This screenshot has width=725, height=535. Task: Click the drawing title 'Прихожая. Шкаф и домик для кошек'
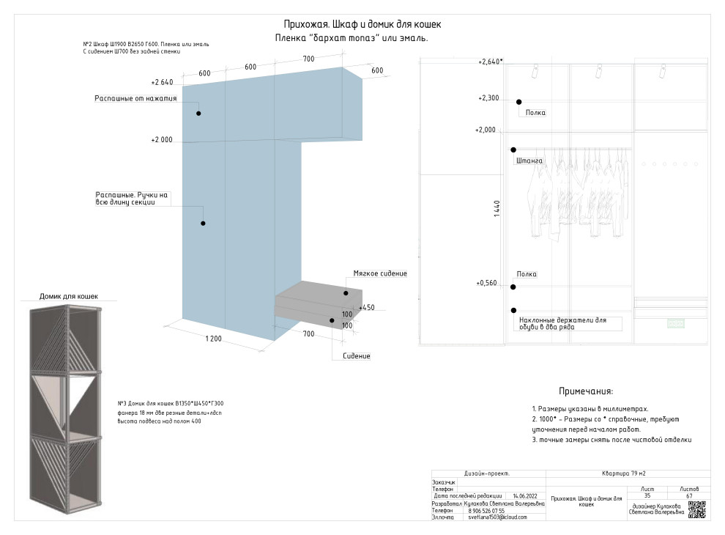click(362, 24)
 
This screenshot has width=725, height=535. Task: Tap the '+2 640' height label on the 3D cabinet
click(162, 83)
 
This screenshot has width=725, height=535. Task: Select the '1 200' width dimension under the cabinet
click(213, 339)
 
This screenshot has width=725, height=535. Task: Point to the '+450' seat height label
click(366, 308)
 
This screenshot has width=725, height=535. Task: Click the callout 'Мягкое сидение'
click(379, 273)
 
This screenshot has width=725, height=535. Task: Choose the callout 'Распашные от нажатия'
click(135, 98)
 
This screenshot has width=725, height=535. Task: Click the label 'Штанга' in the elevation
click(529, 160)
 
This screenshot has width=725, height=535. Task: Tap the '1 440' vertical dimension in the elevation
click(497, 209)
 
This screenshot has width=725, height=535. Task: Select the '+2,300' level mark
click(488, 98)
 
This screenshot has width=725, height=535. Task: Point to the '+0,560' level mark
click(487, 283)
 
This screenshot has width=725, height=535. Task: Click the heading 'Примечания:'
click(586, 392)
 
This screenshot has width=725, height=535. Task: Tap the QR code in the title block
click(699, 509)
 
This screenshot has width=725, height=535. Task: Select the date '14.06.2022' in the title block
click(526, 495)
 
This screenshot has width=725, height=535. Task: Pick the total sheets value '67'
click(689, 495)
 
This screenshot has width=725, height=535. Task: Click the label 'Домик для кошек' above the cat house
click(68, 297)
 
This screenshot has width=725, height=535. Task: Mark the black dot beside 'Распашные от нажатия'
click(198, 114)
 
